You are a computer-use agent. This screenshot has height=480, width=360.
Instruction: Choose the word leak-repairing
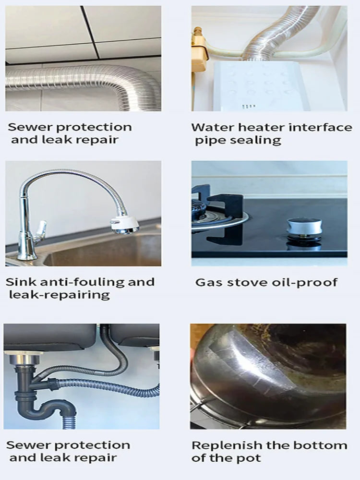(x=59, y=295)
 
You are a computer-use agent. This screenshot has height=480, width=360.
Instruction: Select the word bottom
(x=324, y=445)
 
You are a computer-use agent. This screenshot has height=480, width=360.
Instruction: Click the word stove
(x=239, y=282)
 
